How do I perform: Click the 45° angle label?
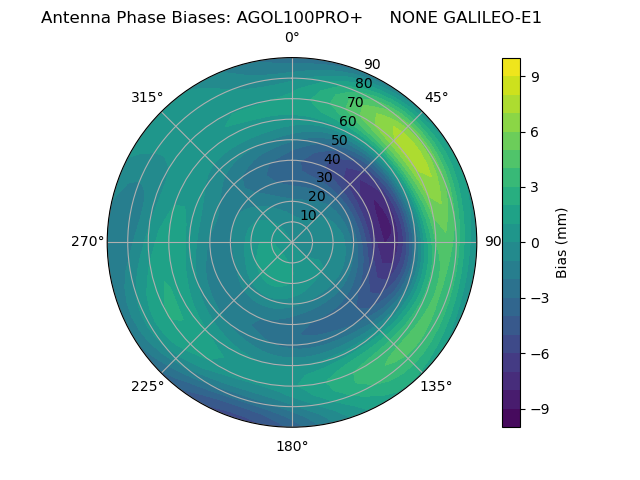pos(437,97)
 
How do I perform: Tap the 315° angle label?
pos(147,97)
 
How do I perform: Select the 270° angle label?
pos(87,241)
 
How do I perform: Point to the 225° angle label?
pos(147,386)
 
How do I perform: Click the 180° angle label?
pos(292,446)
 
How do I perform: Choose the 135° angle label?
pos(436,386)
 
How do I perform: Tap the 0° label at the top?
pos(292,38)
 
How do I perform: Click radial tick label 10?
pos(308,215)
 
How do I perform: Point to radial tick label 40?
pos(332,159)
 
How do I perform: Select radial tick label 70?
pos(355,102)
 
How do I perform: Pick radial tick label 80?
pos(363,83)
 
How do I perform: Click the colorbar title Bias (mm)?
pos(562,242)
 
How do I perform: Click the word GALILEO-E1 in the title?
pos(493,17)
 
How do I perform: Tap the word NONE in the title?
pos(413,17)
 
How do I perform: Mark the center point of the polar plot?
pos(292,242)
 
